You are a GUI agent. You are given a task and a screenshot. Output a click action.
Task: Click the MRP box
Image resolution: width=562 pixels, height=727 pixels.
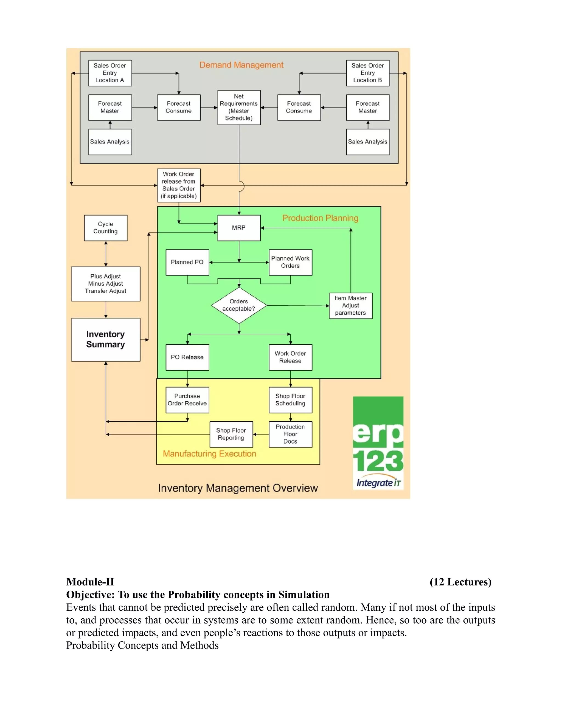(239, 228)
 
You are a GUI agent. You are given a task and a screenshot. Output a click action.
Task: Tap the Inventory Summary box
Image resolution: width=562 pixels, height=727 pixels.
(106, 340)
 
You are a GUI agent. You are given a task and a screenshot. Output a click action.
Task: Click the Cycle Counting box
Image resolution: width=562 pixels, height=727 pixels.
(106, 228)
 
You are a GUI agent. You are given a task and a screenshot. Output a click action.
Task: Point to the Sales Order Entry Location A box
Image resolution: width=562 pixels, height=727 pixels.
(110, 73)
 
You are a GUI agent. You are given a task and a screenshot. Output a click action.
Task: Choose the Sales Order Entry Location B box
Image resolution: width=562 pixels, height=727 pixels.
(367, 73)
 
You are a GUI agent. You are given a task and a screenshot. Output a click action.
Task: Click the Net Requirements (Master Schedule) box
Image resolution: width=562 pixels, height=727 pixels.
(239, 107)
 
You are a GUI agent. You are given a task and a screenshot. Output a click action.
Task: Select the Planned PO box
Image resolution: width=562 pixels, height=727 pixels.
(187, 262)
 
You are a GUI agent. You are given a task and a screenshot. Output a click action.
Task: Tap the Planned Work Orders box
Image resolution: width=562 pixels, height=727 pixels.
(290, 262)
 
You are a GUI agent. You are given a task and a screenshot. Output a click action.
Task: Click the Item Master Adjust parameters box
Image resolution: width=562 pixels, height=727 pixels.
(351, 306)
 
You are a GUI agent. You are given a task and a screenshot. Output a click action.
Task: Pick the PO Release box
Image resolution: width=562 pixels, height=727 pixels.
(187, 357)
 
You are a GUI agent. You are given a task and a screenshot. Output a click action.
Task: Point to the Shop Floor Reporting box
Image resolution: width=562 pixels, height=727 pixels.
(231, 434)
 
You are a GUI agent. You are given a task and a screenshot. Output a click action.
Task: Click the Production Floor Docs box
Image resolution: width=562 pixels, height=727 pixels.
(290, 434)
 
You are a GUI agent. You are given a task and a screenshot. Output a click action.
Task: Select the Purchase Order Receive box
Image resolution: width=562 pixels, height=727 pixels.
(187, 400)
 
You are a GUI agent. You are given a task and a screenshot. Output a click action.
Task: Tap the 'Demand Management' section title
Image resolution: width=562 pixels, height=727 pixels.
(241, 65)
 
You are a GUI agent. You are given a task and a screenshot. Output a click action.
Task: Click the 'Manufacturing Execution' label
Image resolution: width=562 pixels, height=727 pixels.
(209, 454)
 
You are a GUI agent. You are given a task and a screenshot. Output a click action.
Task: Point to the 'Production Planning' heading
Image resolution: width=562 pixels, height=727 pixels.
(320, 218)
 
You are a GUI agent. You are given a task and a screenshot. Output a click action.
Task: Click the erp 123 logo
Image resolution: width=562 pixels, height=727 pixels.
(378, 443)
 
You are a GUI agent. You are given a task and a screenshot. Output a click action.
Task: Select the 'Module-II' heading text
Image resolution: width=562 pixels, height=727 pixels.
(90, 582)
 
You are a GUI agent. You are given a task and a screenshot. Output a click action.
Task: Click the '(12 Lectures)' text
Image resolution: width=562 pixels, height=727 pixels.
(460, 582)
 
